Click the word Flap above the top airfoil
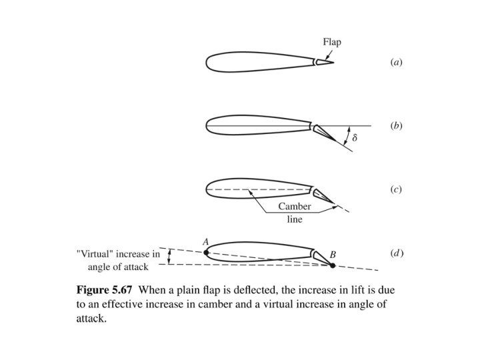tap(332, 42)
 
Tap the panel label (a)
tap(396, 62)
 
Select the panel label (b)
tap(396, 125)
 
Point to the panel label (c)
tap(396, 189)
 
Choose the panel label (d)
tap(397, 253)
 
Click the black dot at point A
tap(206, 253)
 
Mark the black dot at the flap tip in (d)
tap(333, 265)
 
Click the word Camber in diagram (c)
tap(294, 207)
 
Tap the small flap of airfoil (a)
tap(323, 62)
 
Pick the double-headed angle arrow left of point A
tap(169, 257)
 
